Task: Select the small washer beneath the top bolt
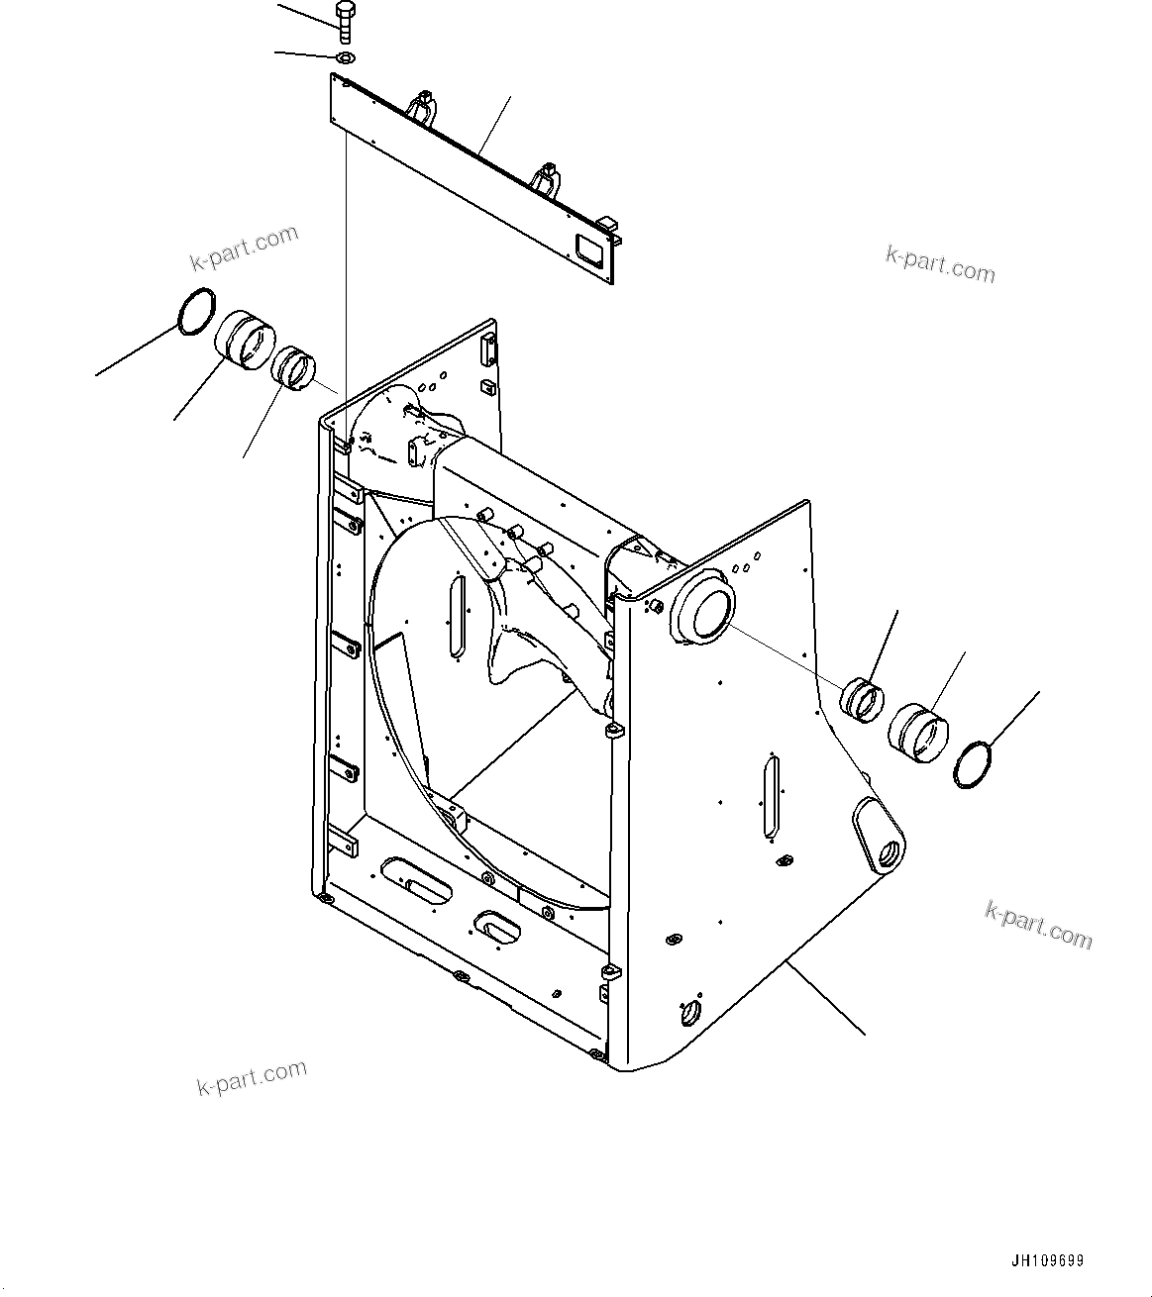344,58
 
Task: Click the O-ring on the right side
975,764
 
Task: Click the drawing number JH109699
1047,1260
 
